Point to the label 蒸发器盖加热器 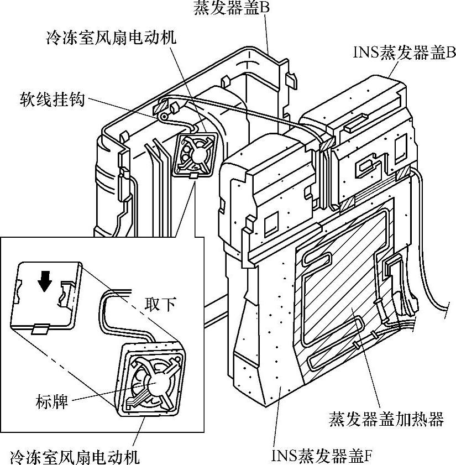tap(386, 419)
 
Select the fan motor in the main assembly tap(197, 155)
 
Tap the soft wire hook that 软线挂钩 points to tap(164, 117)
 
